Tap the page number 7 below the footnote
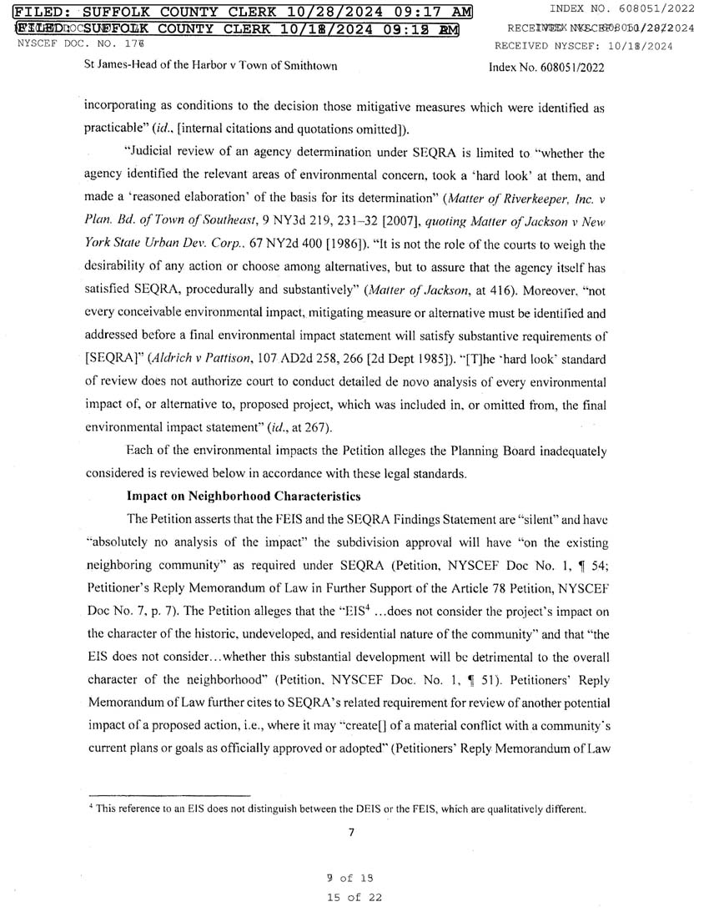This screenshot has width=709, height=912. pos(352,831)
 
